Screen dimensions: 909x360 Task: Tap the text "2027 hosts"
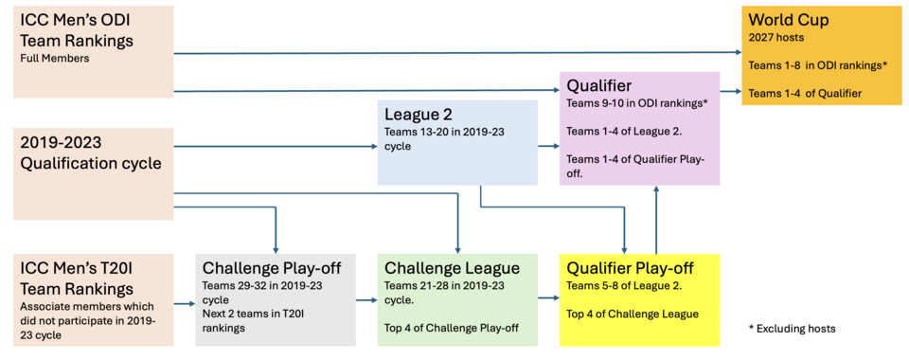771,38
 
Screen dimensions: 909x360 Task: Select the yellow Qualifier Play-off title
631,268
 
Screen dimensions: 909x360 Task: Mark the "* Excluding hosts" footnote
792,329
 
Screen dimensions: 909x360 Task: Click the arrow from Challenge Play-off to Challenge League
366,300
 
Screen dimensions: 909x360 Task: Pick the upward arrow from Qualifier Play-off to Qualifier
656,220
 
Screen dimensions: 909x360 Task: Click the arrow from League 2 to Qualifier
549,147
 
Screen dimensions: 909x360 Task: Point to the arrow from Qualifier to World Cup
731,91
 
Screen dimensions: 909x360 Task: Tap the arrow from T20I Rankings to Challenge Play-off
185,303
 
